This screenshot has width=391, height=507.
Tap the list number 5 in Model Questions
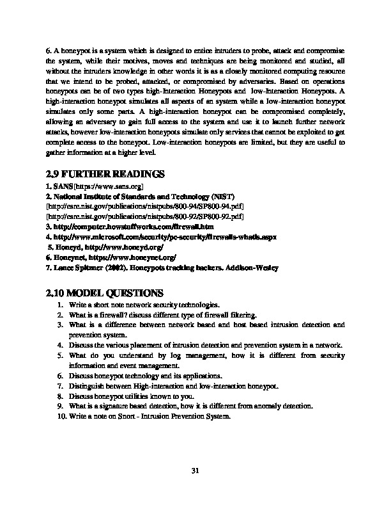point(59,354)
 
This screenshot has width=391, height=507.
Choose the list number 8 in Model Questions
point(59,396)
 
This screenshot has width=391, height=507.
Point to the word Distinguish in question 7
point(86,386)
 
